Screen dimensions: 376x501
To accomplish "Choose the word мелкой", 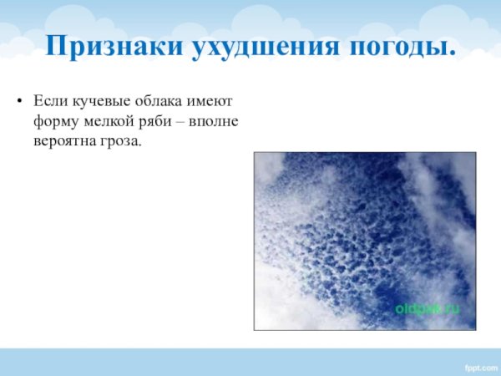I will [108, 122].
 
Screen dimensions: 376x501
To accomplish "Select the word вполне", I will [217, 122].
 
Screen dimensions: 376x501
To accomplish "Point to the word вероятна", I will [63, 142].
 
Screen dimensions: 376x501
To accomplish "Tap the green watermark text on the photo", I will [427, 307].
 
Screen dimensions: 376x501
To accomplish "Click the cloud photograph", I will [364, 240].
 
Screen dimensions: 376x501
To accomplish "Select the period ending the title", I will [452, 53].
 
